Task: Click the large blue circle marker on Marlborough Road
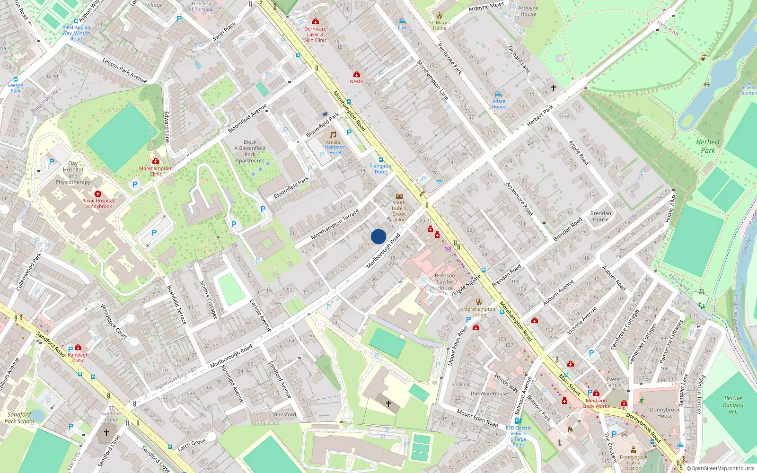pyautogui.click(x=378, y=236)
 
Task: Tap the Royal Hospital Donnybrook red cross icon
pyautogui.click(x=98, y=194)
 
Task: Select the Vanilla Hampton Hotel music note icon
pyautogui.click(x=333, y=135)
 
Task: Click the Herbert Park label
pyautogui.click(x=708, y=146)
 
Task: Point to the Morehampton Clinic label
pyautogui.click(x=156, y=171)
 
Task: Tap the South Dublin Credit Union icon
pyautogui.click(x=399, y=196)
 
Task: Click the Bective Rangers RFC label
pyautogui.click(x=733, y=405)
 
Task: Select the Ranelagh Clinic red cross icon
pyautogui.click(x=78, y=348)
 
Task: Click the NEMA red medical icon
pyautogui.click(x=356, y=75)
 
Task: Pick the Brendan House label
pyautogui.click(x=600, y=216)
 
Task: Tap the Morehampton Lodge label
pyautogui.click(x=479, y=312)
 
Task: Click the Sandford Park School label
pyautogui.click(x=19, y=418)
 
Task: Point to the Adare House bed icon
pyautogui.click(x=498, y=95)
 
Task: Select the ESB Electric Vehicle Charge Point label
pyautogui.click(x=518, y=436)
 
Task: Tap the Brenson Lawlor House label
pyautogui.click(x=445, y=281)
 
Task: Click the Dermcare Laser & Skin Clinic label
pyautogui.click(x=315, y=35)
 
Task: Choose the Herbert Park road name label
pyautogui.click(x=540, y=116)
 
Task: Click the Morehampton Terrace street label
pyautogui.click(x=335, y=224)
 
